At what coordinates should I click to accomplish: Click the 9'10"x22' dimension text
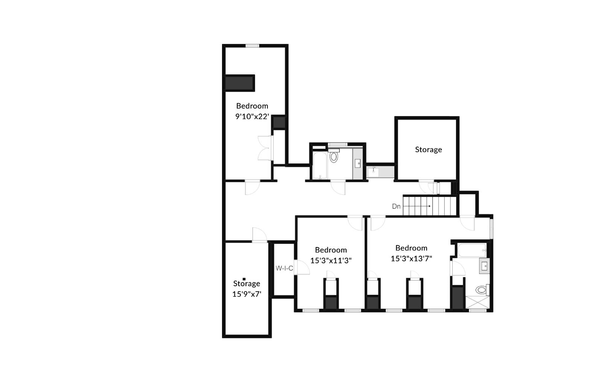tap(252, 117)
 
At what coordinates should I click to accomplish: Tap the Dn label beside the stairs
tap(396, 206)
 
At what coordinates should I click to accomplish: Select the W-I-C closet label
tap(284, 268)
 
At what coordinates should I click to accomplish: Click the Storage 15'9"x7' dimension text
tap(246, 294)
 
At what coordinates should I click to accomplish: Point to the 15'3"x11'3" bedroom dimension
tap(331, 260)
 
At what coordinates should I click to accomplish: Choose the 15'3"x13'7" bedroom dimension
tap(411, 258)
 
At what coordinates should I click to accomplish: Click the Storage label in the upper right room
tap(428, 149)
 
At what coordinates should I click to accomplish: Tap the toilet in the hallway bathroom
tap(334, 156)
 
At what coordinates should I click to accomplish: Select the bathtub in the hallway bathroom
tap(320, 165)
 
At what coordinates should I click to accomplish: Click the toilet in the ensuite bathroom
tap(481, 290)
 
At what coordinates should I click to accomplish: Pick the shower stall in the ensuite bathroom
tap(478, 302)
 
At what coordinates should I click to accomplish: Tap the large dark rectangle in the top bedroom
tap(240, 83)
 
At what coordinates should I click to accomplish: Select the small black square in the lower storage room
tap(244, 279)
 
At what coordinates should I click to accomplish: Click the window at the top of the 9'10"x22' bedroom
tap(252, 46)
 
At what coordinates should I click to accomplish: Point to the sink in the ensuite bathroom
tap(485, 267)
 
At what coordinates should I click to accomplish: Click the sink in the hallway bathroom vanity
tap(358, 163)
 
